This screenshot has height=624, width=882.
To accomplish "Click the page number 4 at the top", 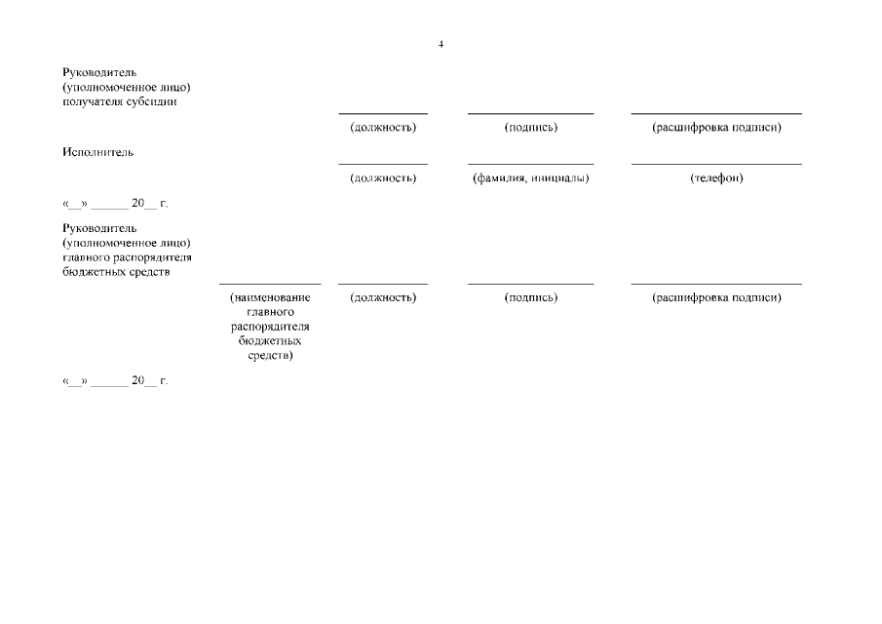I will point(441,45).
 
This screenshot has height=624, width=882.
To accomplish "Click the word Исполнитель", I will point(97,152).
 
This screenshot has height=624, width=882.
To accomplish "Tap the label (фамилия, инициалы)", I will point(530,178).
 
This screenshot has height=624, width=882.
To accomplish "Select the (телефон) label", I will point(716,178).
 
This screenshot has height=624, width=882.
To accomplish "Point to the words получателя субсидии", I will point(119,101).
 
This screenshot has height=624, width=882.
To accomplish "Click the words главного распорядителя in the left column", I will point(126,257).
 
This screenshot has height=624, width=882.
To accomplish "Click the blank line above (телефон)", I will point(716,164).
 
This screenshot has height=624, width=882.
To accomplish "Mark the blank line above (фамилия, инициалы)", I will point(530,164).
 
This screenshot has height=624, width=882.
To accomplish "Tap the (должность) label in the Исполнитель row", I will point(382,178).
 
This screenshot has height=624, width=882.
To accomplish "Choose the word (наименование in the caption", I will point(270,297).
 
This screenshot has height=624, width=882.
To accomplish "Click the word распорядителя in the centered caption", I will point(270,327).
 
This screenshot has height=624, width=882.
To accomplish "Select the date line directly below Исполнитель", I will point(115,204).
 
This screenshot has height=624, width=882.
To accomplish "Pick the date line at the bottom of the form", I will point(115,380).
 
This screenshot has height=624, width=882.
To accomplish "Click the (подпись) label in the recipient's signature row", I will point(530,128).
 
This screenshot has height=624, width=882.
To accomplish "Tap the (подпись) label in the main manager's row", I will point(530,297).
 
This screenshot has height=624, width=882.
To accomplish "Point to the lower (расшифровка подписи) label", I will point(716,297).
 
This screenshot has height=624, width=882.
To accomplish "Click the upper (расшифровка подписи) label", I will point(716,128).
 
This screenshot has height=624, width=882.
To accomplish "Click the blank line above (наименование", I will point(270,284).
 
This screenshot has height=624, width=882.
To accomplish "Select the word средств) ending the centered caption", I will point(270,356).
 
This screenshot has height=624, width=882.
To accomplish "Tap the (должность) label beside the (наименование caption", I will point(382,297).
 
